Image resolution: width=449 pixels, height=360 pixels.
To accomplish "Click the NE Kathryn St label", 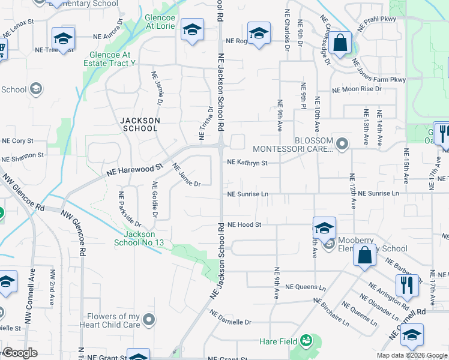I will pyautogui.click(x=247, y=162).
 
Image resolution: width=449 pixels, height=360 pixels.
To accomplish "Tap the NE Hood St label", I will pyautogui.click(x=244, y=225).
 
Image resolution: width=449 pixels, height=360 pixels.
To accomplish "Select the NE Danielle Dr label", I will pyautogui.click(x=230, y=317).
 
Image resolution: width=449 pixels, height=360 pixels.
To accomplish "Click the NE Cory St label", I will pyautogui.click(x=17, y=141).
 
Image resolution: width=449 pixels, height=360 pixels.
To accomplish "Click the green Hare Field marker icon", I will pyautogui.click(x=307, y=341).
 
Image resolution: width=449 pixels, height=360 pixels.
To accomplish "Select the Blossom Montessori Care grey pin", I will pyautogui.click(x=342, y=143).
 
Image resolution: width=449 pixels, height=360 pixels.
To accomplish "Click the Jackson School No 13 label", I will pyautogui.click(x=139, y=238).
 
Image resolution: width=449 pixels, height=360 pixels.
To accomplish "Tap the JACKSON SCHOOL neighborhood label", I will pyautogui.click(x=140, y=124).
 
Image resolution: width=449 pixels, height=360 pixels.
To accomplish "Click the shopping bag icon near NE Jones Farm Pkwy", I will pyautogui.click(x=340, y=44).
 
